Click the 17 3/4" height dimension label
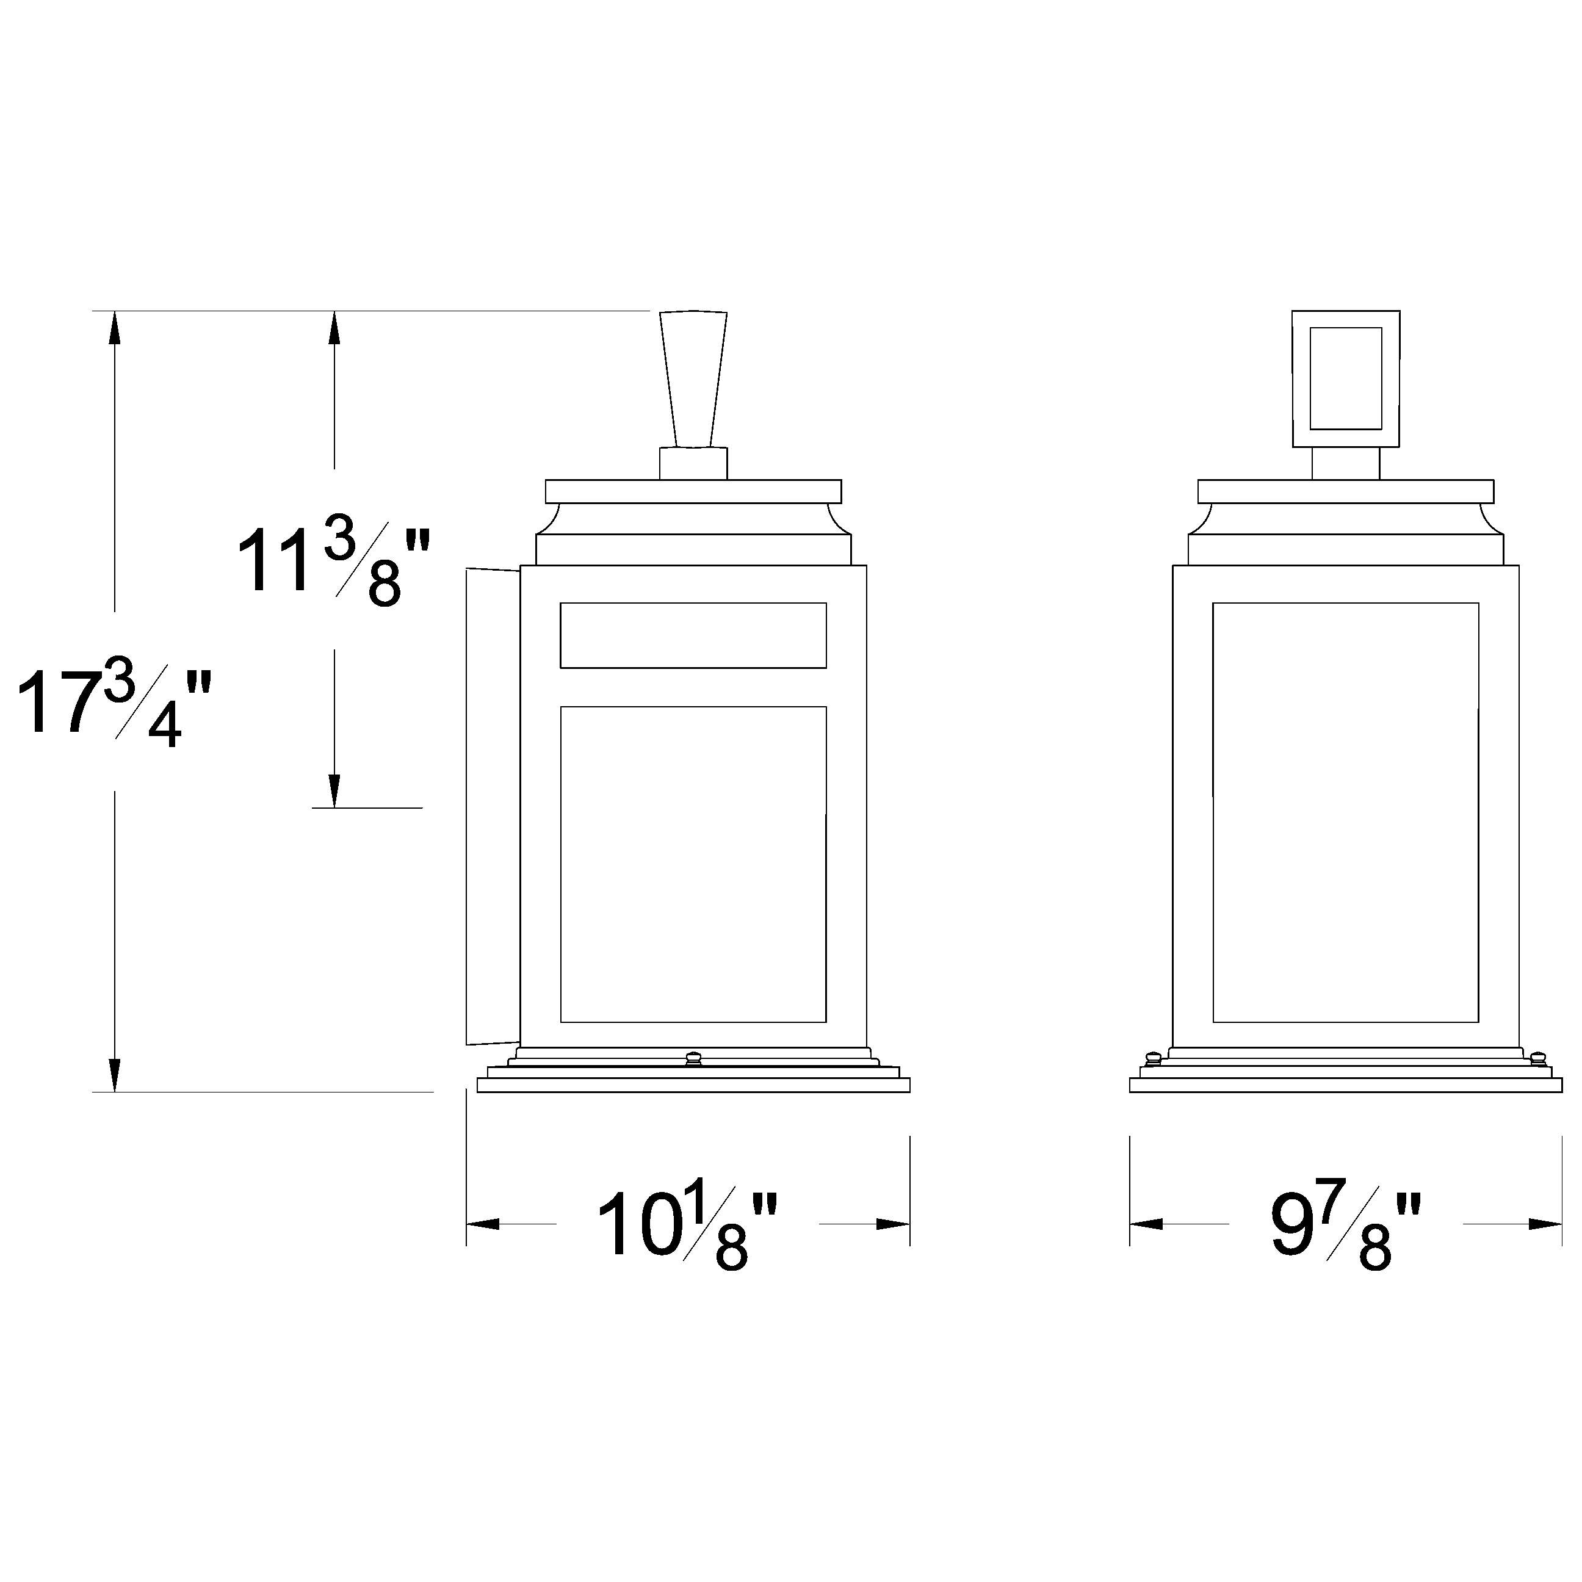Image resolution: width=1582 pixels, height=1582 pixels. [x=115, y=702]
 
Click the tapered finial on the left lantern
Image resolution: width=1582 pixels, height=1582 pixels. [x=693, y=379]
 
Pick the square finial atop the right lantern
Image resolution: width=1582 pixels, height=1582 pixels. [x=1345, y=379]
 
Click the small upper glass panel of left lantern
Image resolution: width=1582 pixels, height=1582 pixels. [x=693, y=635]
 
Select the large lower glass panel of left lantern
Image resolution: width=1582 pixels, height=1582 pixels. [x=693, y=864]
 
